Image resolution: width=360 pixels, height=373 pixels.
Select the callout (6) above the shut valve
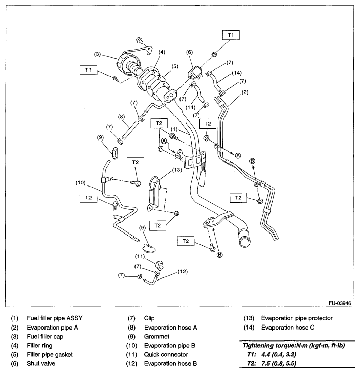pos(190,52)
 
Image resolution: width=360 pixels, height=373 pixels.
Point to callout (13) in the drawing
pos(176,170)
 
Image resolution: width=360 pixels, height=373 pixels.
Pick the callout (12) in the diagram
pos(182,272)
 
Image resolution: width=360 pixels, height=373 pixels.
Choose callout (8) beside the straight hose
pos(121,117)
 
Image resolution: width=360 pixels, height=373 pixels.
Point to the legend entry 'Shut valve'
pos(41,363)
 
